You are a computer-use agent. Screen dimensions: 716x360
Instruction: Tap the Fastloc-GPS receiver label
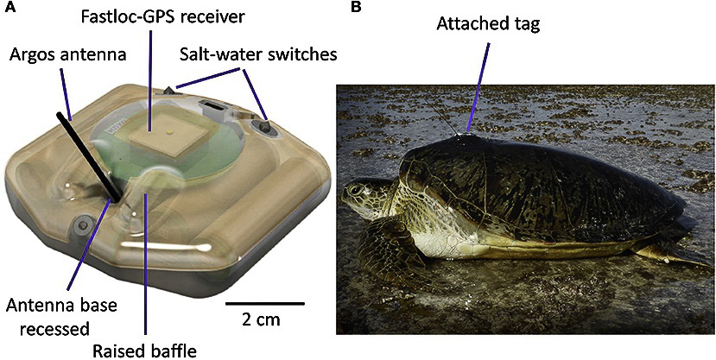pos(162,18)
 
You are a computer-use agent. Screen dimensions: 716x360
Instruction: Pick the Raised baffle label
pos(145,351)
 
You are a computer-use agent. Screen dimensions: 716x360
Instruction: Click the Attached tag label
pos(488,25)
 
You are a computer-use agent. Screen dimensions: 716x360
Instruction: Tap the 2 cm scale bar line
pos(265,302)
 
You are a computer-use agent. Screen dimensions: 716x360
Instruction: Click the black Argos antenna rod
pos(89,156)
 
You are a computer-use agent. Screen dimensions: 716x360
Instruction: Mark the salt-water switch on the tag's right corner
pos(264,126)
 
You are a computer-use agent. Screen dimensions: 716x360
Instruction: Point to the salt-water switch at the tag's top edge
pos(169,90)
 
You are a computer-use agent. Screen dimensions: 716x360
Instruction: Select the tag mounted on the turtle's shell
pos(466,135)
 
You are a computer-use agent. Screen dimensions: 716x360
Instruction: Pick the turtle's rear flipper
pos(662,252)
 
